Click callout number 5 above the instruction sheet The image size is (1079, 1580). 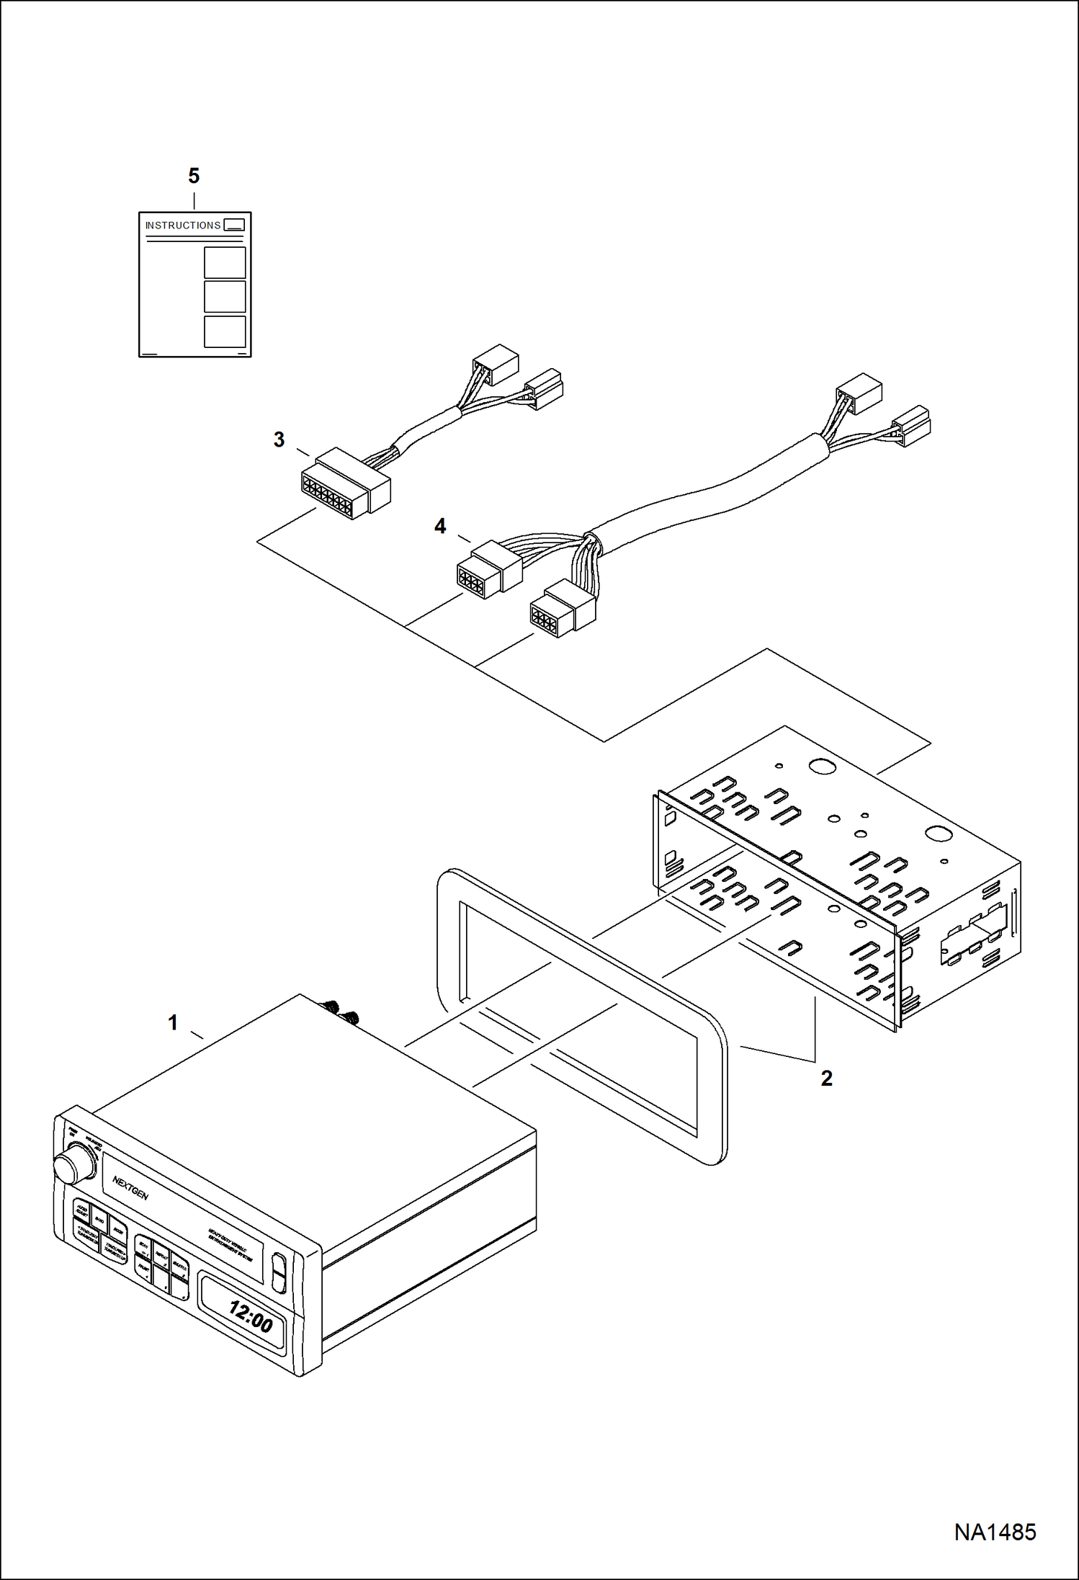click(x=193, y=176)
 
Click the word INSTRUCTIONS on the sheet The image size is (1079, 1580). click(x=183, y=226)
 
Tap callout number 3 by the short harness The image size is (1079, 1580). click(x=279, y=439)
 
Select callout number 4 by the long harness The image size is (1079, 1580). click(x=440, y=527)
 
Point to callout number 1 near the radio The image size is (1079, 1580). click(x=173, y=1022)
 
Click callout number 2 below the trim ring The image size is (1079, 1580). click(x=826, y=1079)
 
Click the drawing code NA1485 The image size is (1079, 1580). click(x=995, y=1532)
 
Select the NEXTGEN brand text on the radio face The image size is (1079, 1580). click(x=130, y=1188)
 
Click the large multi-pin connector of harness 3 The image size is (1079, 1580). click(x=344, y=483)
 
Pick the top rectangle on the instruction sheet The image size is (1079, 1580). click(x=225, y=262)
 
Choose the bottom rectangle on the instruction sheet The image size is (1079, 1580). click(x=225, y=331)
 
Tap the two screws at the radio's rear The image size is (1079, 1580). click(x=342, y=1012)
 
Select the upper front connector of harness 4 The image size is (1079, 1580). click(x=488, y=570)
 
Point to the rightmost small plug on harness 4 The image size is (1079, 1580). click(x=911, y=424)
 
